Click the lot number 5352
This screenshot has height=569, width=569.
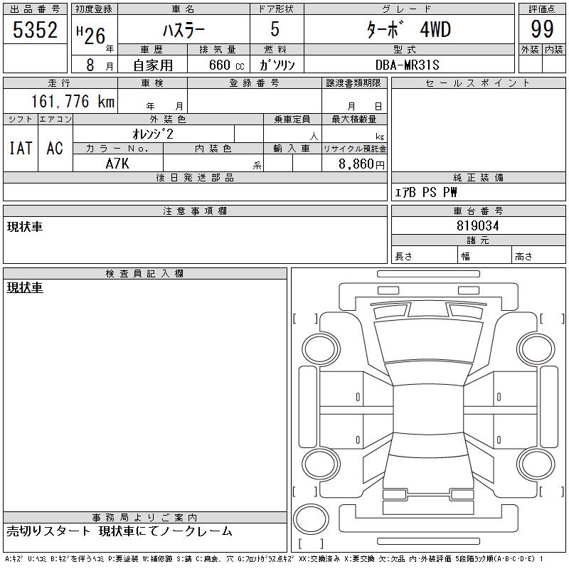pos(35,30)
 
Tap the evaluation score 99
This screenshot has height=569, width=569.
pos(542,29)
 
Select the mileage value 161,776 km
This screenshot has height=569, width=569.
pos(73,101)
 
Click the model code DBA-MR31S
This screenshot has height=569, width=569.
pos(407,65)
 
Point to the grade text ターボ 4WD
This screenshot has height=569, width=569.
pos(408,30)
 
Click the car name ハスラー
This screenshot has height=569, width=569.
pos(184,30)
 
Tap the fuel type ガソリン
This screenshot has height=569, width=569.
pos(277,65)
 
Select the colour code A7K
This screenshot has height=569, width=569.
pos(117,164)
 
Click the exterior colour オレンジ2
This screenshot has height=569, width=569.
pos(153,134)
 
